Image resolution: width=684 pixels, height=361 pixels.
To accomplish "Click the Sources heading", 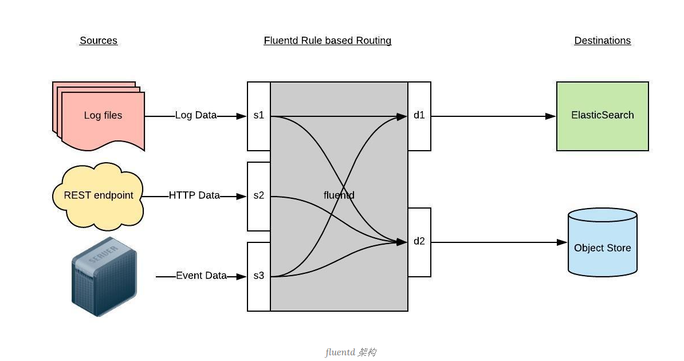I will coord(99,41).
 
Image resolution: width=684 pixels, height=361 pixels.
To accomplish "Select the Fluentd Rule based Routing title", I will coord(328,41).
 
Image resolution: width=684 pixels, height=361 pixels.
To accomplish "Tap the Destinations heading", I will coord(602,41).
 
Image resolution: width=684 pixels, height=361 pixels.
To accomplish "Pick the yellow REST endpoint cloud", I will coord(98,195).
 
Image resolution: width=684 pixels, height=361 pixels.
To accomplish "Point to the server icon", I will coord(104,277).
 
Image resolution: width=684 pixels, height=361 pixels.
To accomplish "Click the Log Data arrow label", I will coord(196,115).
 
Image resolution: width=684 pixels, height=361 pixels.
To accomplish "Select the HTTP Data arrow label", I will coord(194,195).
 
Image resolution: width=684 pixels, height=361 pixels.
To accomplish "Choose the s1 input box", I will coord(259,116).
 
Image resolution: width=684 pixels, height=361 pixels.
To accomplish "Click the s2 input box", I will coord(259,196).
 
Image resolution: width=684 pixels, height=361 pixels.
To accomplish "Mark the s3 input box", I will coord(259,276).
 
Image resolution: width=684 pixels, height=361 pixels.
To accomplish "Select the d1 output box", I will coord(419,116).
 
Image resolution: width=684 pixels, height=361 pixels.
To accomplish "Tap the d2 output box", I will coord(419,242).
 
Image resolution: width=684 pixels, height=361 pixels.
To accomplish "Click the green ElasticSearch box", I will coord(603,116).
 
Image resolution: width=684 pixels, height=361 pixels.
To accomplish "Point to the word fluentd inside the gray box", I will coord(339,195).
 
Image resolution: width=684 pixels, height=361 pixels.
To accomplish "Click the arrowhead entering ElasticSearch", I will coord(551,116).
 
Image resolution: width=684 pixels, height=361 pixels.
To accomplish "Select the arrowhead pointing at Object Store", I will coord(562,242).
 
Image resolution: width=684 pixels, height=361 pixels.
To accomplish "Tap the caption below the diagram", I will coord(351,352).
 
